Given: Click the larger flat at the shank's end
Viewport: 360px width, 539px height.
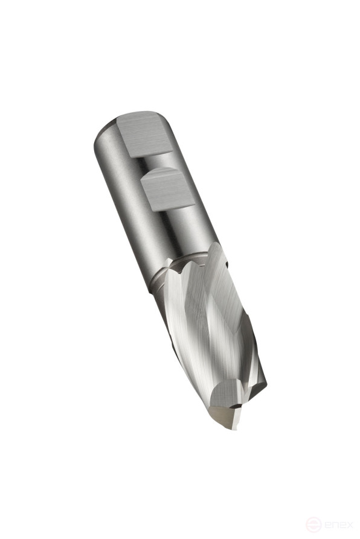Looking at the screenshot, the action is [144, 134].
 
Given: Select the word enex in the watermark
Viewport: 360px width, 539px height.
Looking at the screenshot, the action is [338, 525].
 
